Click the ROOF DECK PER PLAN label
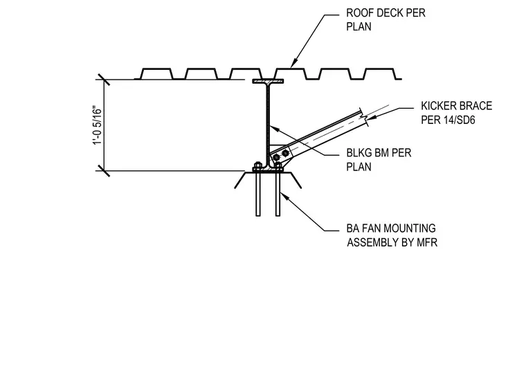pyautogui.click(x=386, y=19)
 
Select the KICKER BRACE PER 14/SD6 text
pyautogui.click(x=456, y=113)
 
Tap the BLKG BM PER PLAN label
pyautogui.click(x=379, y=160)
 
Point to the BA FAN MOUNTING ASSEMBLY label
pyautogui.click(x=392, y=235)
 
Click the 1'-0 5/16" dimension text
pyautogui.click(x=97, y=125)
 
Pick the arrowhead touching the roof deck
pyautogui.click(x=293, y=64)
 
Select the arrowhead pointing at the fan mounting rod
pyautogui.click(x=284, y=195)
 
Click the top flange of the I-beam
pyautogui.click(x=268, y=81)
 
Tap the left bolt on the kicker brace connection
pyautogui.click(x=276, y=157)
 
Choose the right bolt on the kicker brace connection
pyautogui.click(x=285, y=153)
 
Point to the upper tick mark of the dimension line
pyautogui.click(x=104, y=80)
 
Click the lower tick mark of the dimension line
pyautogui.click(x=104, y=171)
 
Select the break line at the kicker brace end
pyautogui.click(x=364, y=117)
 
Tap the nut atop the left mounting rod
pyautogui.click(x=257, y=165)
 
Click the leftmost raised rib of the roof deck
pyautogui.click(x=156, y=73)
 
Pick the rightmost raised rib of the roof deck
pyautogui.click(x=380, y=73)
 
